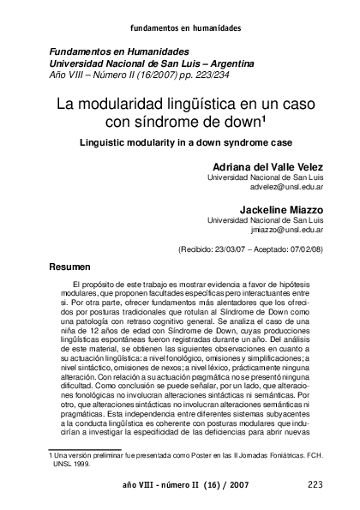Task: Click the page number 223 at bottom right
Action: [x=315, y=484]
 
